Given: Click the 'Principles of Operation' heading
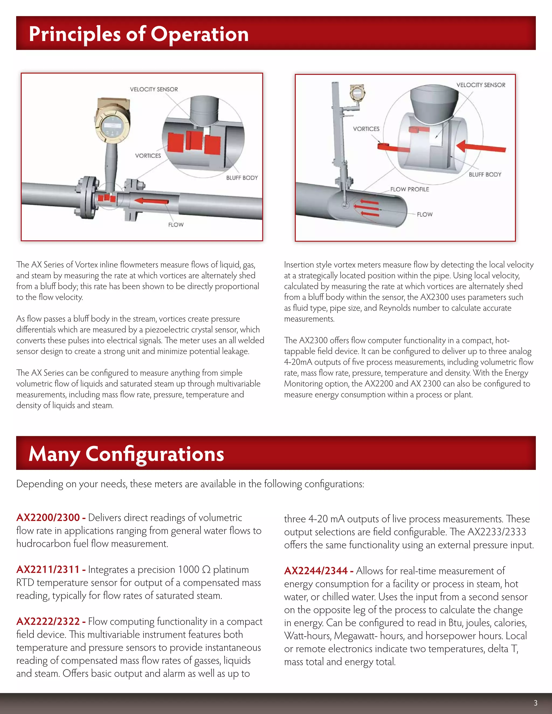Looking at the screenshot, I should (139, 34).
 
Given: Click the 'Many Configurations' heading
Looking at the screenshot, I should (126, 454).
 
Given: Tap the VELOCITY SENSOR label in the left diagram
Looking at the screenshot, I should (154, 89).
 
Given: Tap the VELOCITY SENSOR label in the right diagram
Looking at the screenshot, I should (481, 85).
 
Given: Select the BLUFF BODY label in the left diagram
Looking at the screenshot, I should (242, 178).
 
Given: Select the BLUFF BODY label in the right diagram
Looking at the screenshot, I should (485, 175).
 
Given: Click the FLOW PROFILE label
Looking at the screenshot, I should (409, 189).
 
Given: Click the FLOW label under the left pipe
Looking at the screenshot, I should (176, 225).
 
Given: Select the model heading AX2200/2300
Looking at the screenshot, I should (48, 518).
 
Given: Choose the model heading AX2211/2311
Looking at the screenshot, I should (48, 570).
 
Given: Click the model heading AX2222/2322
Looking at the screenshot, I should (48, 622).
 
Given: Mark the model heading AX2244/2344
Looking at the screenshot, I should (316, 571).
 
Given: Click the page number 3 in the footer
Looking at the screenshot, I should (535, 703).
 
